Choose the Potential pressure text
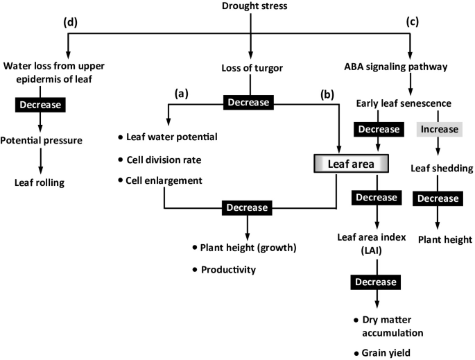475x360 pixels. (41, 141)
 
